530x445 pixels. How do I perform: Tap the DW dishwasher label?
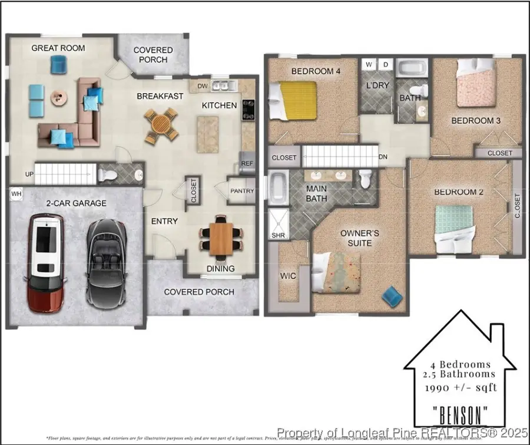[203, 86]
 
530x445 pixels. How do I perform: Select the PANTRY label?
[242, 191]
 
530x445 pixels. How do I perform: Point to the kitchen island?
[207, 134]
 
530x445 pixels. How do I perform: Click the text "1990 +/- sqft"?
[461, 387]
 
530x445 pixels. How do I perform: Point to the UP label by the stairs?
[28, 174]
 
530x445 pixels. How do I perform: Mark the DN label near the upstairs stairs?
[383, 157]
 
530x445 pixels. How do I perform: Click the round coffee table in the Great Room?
[58, 97]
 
